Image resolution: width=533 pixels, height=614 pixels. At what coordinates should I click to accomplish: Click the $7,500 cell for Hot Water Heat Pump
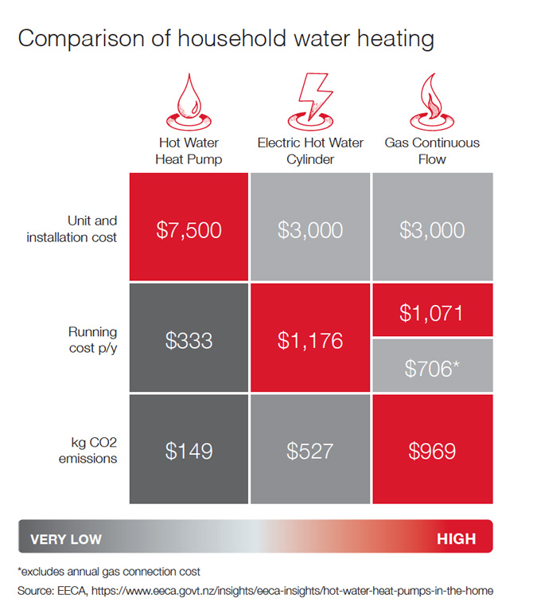point(189,230)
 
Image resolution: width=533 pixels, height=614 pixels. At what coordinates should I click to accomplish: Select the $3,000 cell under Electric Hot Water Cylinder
point(310,230)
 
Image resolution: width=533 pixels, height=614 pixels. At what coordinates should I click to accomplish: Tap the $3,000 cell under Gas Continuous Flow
point(432,230)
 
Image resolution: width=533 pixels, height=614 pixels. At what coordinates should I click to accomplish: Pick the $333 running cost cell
point(189,340)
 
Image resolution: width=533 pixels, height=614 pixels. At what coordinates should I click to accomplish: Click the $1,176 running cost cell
point(310,340)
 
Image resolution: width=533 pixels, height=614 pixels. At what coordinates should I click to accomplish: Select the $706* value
point(432,368)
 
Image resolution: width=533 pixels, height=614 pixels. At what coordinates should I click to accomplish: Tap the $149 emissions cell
point(189,451)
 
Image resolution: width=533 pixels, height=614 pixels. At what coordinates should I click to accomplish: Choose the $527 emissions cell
point(310,451)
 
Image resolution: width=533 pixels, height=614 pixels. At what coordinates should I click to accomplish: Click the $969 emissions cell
point(432,451)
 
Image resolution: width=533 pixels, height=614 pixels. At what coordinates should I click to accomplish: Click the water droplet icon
point(189,102)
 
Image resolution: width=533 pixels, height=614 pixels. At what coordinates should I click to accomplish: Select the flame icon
point(432,102)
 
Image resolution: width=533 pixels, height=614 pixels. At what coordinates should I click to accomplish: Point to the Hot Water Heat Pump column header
point(189,151)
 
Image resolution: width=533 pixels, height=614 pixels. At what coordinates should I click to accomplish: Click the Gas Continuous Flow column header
point(432,151)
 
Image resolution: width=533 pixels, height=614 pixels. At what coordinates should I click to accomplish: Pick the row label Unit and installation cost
point(77,230)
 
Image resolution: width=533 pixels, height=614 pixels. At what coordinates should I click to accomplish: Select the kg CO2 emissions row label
point(88,451)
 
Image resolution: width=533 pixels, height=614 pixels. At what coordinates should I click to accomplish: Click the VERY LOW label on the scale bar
point(66,539)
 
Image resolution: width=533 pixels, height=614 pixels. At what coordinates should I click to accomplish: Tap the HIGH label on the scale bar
point(456,539)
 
